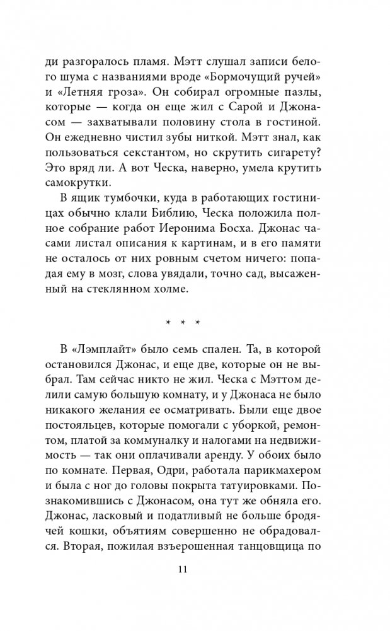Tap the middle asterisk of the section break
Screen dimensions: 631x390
click(x=183, y=322)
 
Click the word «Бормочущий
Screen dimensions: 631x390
click(x=231, y=79)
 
